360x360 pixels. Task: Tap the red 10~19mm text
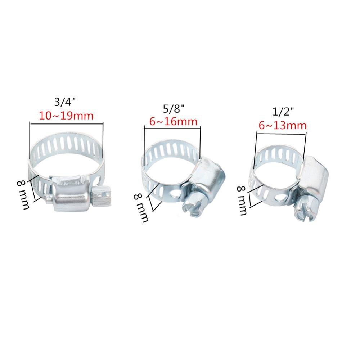coord(66,116)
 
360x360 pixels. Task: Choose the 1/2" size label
coord(281,112)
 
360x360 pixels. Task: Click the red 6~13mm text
coord(283,126)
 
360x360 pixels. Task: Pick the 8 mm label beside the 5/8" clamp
coord(141,207)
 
